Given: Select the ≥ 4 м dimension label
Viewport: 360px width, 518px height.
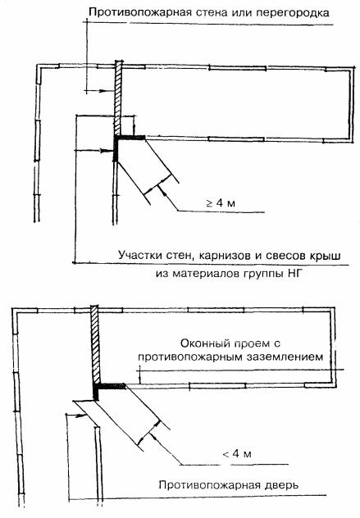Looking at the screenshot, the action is pyautogui.click(x=221, y=202).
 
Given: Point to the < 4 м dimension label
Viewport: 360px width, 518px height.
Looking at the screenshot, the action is pyautogui.click(x=237, y=453).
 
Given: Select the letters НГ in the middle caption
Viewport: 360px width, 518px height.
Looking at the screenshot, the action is pyautogui.click(x=294, y=274).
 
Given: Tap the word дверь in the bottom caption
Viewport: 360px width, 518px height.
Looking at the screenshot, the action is pyautogui.click(x=282, y=485).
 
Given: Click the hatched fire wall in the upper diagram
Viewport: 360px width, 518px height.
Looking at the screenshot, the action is pyautogui.click(x=118, y=98).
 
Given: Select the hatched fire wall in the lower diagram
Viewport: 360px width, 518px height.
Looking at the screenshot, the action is pyautogui.click(x=96, y=344).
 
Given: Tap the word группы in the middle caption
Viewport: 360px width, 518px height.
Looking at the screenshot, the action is pyautogui.click(x=264, y=275).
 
